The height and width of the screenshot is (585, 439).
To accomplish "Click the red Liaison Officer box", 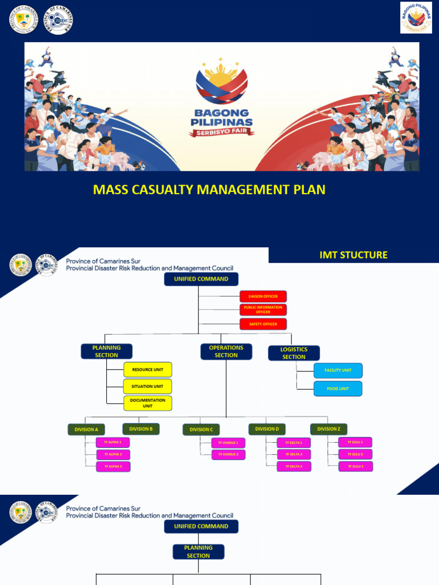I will pos(263,296).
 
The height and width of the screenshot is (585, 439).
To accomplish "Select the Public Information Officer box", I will pos(263,310).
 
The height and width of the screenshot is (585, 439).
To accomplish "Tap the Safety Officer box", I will pos(263,324).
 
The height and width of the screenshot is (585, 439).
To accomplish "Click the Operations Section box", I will pos(226,351).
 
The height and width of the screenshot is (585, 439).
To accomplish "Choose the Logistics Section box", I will pos(294,353).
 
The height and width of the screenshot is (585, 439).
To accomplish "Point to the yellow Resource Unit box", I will pos(147,370).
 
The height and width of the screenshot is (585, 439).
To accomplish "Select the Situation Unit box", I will pos(147,386).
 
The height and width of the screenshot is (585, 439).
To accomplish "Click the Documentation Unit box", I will pos(147,403).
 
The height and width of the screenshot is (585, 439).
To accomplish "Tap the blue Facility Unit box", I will pos(338,370).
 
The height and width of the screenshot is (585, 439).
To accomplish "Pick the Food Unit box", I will pos(338,388).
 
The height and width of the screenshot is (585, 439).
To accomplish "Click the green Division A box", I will pos(86,429).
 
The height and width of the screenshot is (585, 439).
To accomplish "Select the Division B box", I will pos(141,428).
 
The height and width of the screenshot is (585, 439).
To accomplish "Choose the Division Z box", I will pos(329,428).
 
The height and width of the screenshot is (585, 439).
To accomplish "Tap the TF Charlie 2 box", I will pos(229,454).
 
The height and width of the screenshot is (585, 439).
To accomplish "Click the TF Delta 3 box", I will pos(294,466).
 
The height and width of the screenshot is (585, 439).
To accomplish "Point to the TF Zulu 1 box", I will pos(355,442).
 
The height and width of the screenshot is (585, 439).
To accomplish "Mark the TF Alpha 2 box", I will pos(113,454).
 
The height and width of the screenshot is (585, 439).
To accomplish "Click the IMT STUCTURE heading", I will pos(353,255).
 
